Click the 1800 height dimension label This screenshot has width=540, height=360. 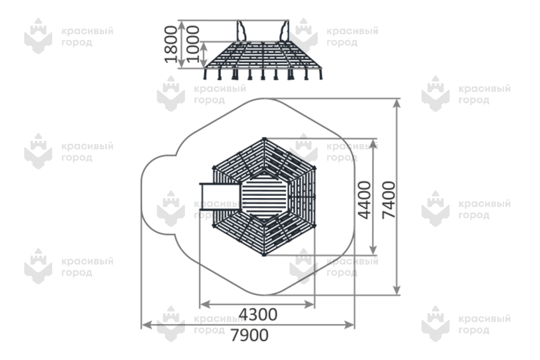(171, 45)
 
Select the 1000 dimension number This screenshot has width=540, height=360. (193, 45)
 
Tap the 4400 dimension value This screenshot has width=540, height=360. (364, 200)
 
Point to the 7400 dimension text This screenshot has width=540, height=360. (389, 200)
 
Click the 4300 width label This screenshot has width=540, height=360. (258, 315)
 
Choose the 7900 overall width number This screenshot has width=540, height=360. (249, 335)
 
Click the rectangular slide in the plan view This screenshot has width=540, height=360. (220, 197)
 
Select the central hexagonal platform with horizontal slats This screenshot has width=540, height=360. (264, 197)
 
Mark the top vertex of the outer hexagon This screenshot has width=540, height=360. (264, 139)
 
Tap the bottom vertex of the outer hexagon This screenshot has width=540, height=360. (264, 254)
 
